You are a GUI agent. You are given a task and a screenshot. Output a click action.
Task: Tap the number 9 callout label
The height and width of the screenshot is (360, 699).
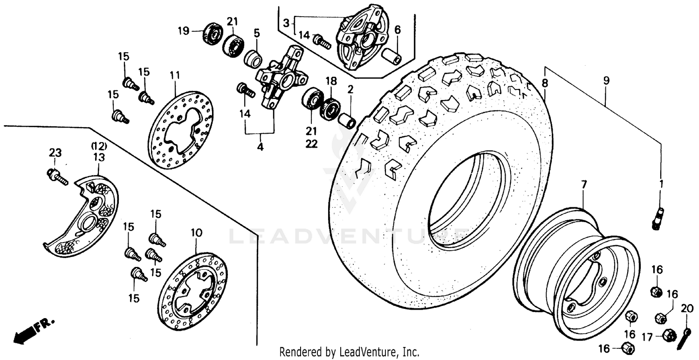606,81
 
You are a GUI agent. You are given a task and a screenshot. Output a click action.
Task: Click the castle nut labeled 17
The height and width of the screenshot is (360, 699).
669,335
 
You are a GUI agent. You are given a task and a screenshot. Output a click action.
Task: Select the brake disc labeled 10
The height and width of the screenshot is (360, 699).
192,292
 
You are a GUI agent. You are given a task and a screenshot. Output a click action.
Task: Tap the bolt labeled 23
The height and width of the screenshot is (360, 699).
57,176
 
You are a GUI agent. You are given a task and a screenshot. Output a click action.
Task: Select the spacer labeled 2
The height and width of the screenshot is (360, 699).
347,121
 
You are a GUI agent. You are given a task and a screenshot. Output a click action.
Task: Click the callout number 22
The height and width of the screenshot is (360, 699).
311,144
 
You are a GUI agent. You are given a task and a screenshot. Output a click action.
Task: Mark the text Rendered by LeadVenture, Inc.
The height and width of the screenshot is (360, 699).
349,352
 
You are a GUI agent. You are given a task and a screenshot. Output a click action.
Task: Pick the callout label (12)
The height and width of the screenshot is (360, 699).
99,146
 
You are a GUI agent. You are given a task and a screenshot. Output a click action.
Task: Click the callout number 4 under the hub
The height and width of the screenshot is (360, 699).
260,147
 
